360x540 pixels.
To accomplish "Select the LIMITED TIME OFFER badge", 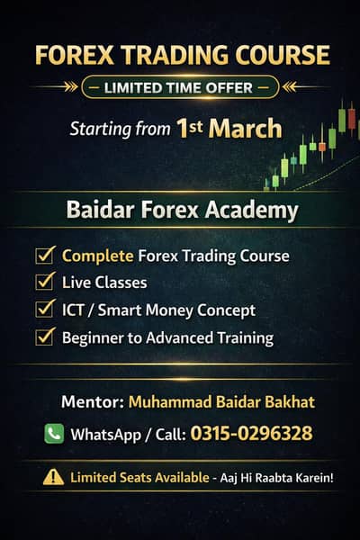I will point(179,88).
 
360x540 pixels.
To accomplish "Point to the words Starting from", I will point(120,129).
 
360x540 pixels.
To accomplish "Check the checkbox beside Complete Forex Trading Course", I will point(44,256).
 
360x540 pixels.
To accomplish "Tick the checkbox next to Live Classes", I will point(44,283).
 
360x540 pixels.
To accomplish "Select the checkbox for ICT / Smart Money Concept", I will point(44,310).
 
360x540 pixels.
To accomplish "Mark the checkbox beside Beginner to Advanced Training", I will point(44,337).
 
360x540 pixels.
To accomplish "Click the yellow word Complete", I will point(97,256).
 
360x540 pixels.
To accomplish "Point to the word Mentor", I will point(91,400).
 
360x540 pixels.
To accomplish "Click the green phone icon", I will point(54,434).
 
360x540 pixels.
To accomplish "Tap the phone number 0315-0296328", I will point(251,434).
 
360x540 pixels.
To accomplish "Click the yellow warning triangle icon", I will point(53,477).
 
